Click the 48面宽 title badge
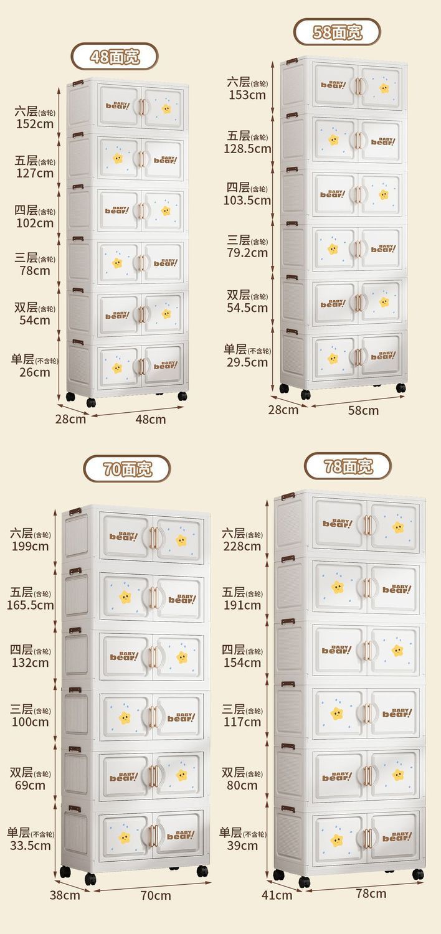(115, 57)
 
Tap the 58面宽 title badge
(337, 32)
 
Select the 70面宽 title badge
(127, 469)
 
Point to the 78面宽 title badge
(348, 466)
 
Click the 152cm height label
(35, 123)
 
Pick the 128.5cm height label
(247, 148)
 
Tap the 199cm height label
(31, 547)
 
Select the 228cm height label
(242, 546)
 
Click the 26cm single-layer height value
(35, 372)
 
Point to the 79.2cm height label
(247, 253)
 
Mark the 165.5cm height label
(31, 605)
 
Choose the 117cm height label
(242, 722)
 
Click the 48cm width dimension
(151, 419)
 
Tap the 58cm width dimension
(363, 410)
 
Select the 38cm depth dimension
(65, 895)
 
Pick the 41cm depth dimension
(277, 895)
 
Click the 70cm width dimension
(156, 895)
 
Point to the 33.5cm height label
(31, 846)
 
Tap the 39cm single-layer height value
(242, 846)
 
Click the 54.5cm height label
(247, 308)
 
